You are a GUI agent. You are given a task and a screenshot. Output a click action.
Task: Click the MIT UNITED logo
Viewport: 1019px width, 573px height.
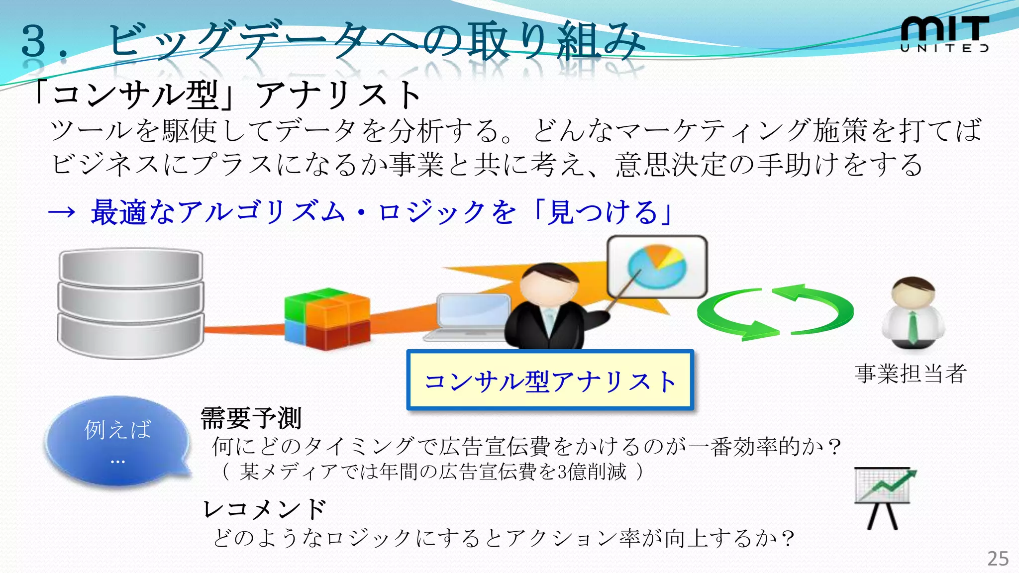944,34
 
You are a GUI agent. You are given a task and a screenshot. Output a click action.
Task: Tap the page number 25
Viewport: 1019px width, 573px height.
998,559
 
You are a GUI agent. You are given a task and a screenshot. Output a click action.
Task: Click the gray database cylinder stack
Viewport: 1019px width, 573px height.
131,303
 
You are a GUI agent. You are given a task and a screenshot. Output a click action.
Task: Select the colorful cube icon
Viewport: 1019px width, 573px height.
327,318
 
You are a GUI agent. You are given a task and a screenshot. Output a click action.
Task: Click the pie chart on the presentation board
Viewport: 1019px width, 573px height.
657,267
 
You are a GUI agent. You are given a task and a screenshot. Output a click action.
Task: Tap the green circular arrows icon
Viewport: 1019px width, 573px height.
775,312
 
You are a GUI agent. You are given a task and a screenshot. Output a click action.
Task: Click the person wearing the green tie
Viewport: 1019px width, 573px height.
913,313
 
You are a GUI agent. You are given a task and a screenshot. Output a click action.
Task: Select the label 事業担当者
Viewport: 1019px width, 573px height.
911,374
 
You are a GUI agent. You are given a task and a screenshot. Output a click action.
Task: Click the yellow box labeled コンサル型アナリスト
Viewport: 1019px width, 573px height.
550,381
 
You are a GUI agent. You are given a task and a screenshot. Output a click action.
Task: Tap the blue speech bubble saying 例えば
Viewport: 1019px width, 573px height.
117,440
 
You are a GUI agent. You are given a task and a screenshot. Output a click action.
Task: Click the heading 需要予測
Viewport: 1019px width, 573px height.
251,418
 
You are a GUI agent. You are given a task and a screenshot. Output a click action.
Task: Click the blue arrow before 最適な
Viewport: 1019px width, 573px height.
62,212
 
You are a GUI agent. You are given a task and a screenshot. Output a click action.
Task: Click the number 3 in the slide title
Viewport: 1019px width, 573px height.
34,41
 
